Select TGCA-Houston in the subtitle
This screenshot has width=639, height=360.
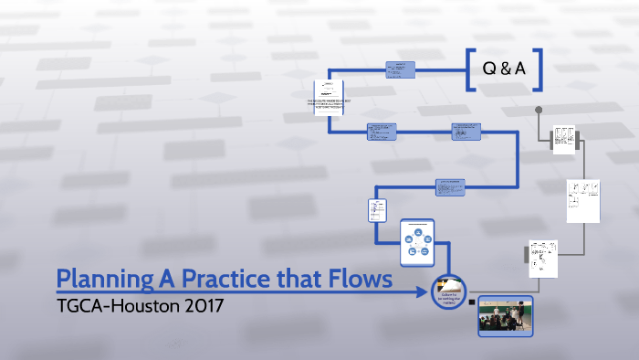[110, 305]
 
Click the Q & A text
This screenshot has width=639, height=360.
[499, 68]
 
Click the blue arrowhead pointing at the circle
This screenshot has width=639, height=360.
[426, 292]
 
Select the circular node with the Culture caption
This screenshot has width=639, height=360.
[448, 291]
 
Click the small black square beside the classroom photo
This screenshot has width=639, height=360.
[471, 301]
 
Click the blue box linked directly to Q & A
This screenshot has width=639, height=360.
[400, 69]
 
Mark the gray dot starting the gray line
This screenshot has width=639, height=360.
[539, 111]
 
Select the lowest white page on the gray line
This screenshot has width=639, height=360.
[542, 259]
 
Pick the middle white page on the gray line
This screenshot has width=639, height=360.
[581, 201]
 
